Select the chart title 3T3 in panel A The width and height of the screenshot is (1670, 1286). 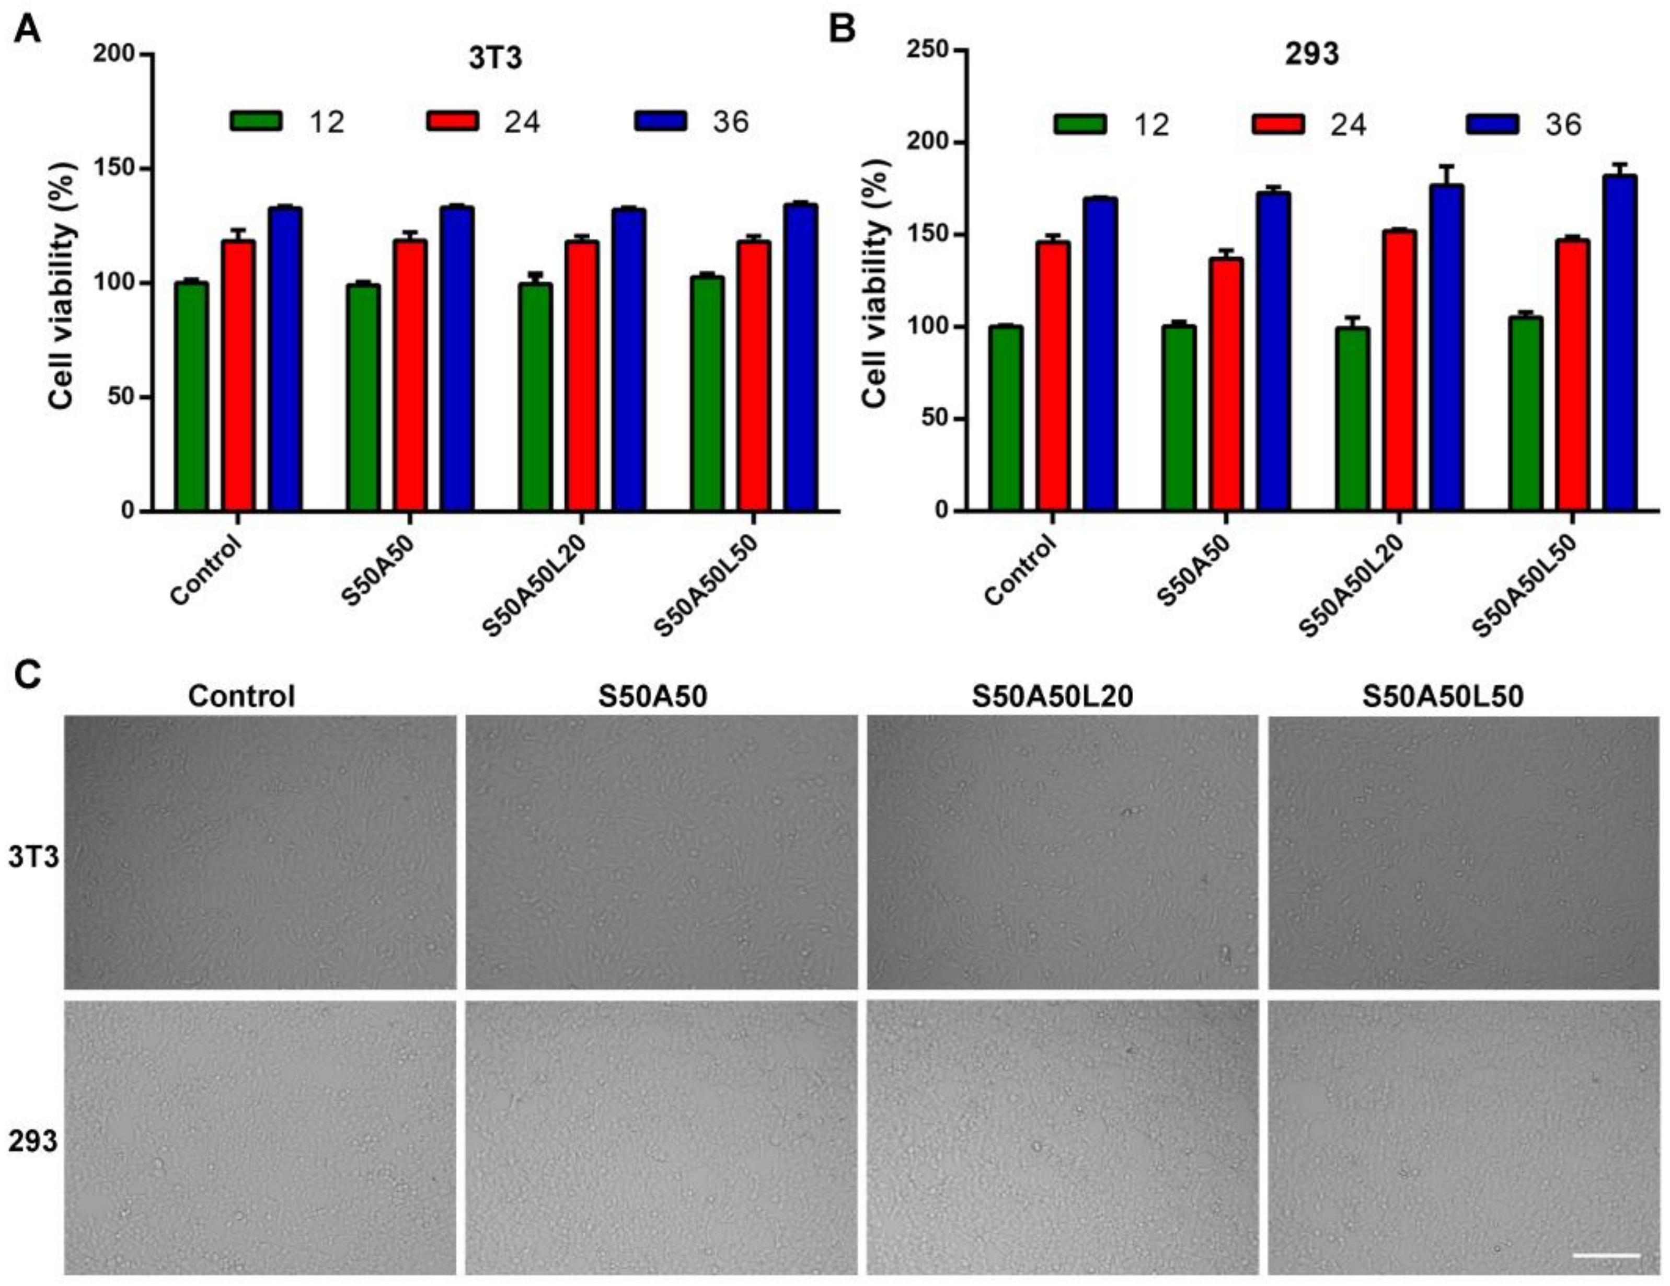pyautogui.click(x=496, y=59)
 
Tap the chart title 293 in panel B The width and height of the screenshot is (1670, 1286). pyautogui.click(x=1311, y=55)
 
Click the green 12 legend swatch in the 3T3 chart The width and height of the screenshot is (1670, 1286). pyautogui.click(x=256, y=121)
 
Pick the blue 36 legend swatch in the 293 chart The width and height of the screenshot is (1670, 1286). pyautogui.click(x=1492, y=124)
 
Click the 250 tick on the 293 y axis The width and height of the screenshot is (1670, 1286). pyautogui.click(x=926, y=51)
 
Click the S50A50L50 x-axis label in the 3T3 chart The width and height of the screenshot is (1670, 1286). pyautogui.click(x=707, y=585)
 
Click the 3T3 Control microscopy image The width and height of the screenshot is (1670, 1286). pyautogui.click(x=260, y=852)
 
